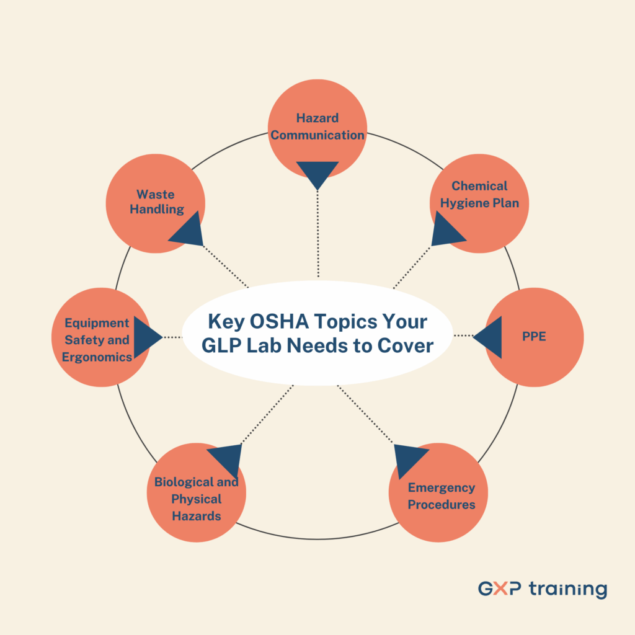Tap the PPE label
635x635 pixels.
pos(534,337)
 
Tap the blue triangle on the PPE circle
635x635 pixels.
pos(490,337)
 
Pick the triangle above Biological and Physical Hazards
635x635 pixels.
pos(228,458)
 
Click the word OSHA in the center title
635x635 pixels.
pos(279,322)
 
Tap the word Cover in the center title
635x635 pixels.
pos(406,346)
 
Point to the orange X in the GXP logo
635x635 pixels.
pos(500,589)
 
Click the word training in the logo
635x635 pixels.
pos(568,589)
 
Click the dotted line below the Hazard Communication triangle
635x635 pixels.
pos(318,234)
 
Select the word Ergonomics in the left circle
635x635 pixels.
pos(97,357)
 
